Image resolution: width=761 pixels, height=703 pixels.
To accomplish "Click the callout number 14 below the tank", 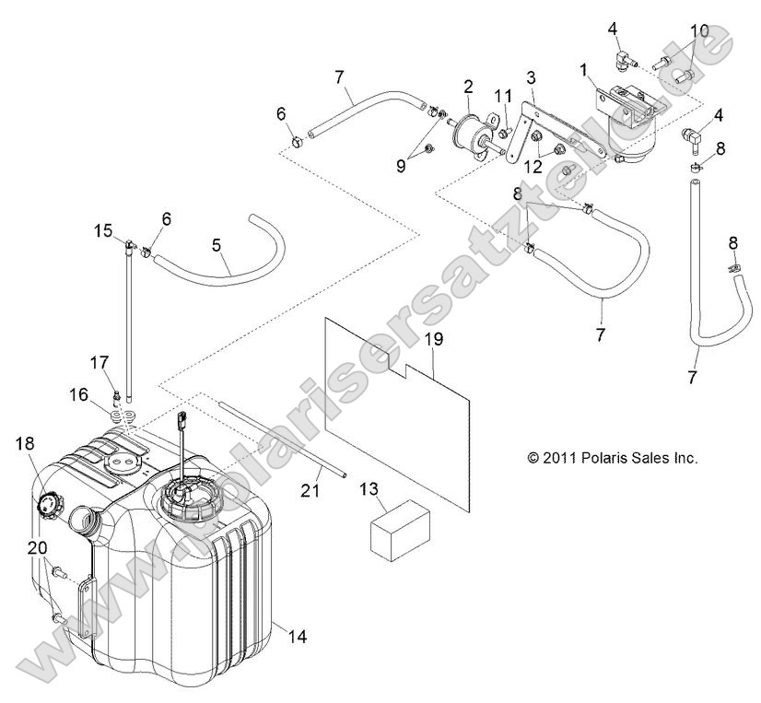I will [x=298, y=635].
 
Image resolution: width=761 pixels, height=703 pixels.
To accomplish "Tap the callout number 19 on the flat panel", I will [x=434, y=340].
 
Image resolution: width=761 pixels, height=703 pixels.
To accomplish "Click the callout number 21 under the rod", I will [x=310, y=490].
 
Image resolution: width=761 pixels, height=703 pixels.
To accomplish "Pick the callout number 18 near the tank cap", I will [x=25, y=443].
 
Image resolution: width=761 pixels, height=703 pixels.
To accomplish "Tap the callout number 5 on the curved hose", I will [x=217, y=246].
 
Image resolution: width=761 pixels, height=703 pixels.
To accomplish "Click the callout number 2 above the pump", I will [x=468, y=88].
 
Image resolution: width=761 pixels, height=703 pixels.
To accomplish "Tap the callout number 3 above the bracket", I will [x=532, y=76].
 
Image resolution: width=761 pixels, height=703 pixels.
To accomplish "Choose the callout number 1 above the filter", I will [x=583, y=69].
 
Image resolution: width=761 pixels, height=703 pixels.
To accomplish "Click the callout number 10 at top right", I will [x=699, y=30].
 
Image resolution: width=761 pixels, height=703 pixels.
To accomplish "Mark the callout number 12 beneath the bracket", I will [x=533, y=167].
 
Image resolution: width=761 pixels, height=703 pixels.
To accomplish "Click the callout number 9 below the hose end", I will [x=401, y=167].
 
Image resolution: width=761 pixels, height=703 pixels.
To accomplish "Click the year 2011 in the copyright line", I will [x=561, y=457].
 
